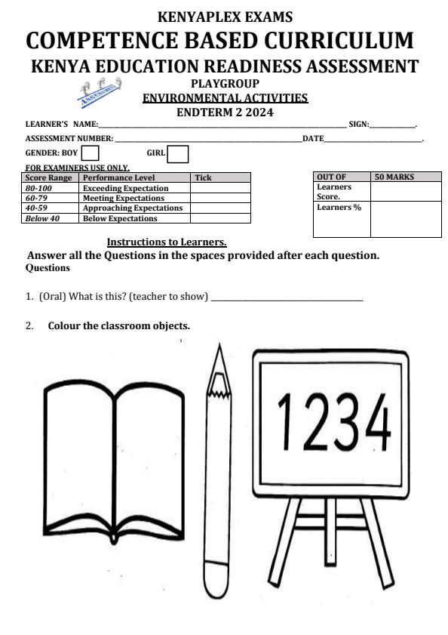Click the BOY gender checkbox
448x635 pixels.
point(90,154)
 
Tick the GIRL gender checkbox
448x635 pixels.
point(177,154)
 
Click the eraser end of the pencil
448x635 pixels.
point(218,580)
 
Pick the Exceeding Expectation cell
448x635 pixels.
point(125,188)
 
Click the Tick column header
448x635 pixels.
point(203,178)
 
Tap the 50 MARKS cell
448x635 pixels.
point(394,177)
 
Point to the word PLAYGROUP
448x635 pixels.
point(225,84)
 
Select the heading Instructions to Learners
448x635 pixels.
point(167,242)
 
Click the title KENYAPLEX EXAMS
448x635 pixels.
point(225,17)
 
